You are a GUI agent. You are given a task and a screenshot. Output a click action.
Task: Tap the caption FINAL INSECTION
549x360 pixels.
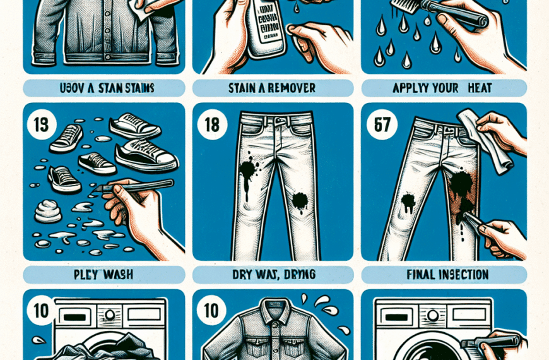[443, 275]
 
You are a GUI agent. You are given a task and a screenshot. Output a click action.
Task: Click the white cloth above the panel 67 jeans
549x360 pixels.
[480, 139]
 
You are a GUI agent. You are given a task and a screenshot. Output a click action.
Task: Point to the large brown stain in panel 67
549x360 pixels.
[461, 189]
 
